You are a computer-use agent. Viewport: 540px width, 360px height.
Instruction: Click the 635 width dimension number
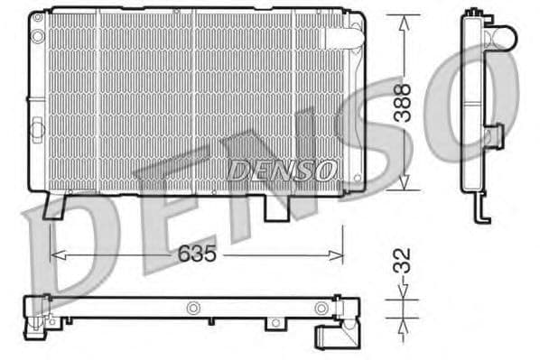coord(197,254)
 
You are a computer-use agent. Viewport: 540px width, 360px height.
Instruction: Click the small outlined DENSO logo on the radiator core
coord(282,169)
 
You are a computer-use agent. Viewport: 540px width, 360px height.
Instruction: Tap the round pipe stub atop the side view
coord(501,37)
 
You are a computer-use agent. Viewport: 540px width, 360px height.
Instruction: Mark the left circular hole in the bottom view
coord(191,308)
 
